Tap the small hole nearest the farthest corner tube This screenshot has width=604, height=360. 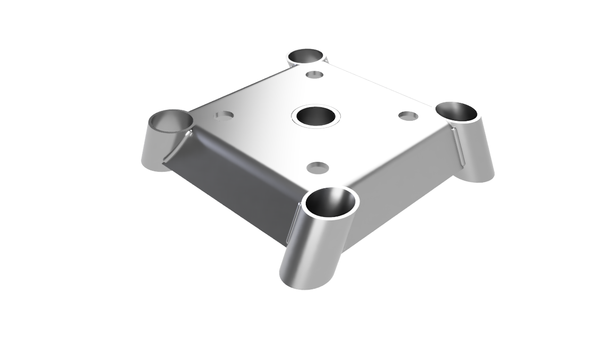(314, 75)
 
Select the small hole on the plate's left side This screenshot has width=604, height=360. (225, 115)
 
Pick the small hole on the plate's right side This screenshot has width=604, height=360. (408, 116)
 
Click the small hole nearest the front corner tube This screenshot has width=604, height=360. (318, 167)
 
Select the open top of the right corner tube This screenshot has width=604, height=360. (456, 111)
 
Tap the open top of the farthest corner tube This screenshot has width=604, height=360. (306, 56)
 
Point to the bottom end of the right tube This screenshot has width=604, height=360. (479, 177)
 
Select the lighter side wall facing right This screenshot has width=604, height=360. (401, 189)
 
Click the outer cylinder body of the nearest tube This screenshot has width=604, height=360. (316, 250)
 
